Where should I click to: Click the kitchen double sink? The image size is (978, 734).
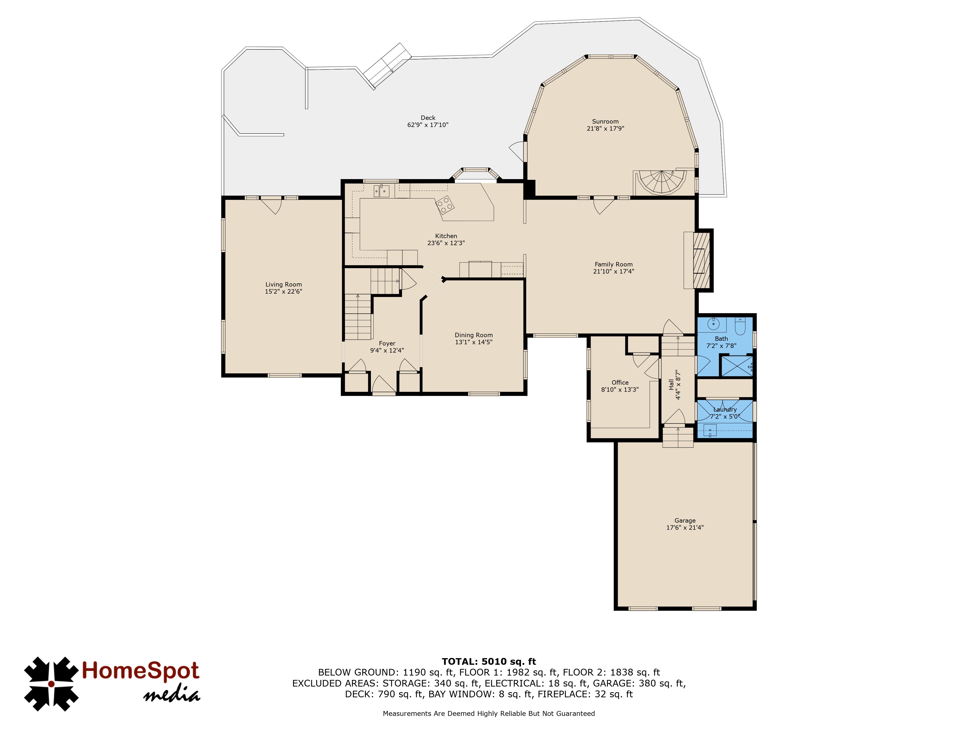pos(381,191)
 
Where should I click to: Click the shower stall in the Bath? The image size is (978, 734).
pos(737,366)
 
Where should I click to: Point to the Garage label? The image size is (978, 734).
pos(685,521)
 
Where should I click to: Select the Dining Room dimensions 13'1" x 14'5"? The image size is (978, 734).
pos(474,342)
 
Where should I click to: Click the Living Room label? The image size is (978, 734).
pos(283,285)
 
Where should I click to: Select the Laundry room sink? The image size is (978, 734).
pos(710,430)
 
